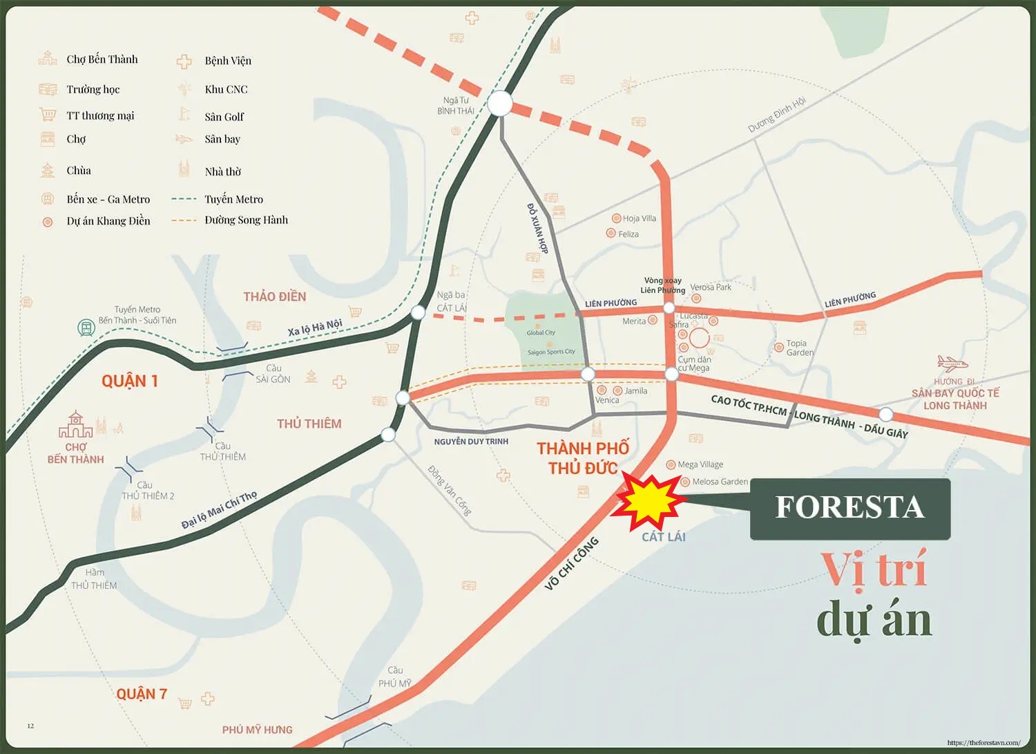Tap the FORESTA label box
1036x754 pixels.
coord(850,508)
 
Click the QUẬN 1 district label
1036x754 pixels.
coord(130,381)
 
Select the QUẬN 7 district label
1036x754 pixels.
coord(142,695)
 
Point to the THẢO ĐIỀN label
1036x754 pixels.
coord(274,296)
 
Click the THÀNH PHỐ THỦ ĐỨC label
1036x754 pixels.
coord(583,458)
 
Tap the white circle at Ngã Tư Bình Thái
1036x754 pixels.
coord(500,104)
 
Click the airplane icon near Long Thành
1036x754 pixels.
coord(952,363)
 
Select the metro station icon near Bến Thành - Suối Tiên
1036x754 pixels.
coord(86,328)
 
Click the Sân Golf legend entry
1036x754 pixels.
coord(224,117)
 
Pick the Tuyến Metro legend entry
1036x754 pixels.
coord(233,199)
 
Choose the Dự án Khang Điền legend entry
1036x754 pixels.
coord(108,221)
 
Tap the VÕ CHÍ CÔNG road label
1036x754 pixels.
coord(571,564)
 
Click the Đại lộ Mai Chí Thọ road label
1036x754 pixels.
coord(219,510)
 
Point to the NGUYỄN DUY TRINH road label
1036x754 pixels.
coord(471,441)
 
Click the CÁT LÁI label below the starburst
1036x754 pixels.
coord(663,537)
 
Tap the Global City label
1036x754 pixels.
coord(541,332)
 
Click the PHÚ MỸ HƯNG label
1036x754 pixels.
coord(257,730)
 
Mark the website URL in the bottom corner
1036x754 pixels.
coord(984,743)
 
